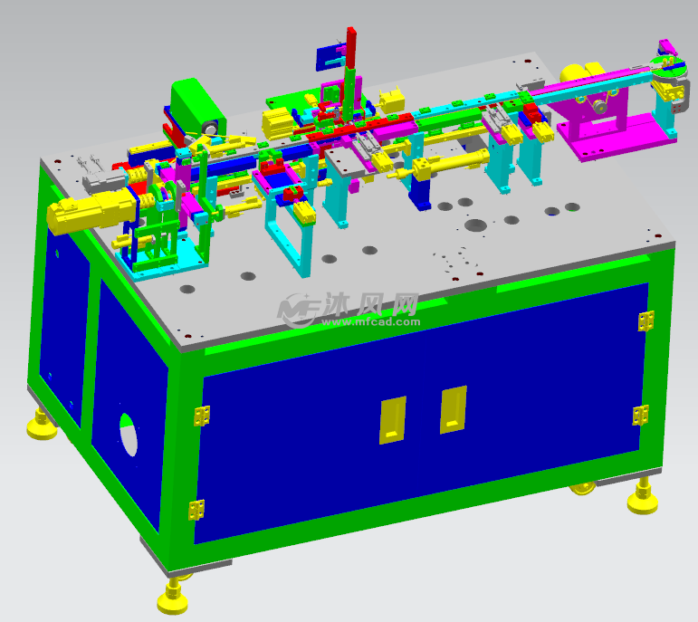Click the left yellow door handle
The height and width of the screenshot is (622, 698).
click(x=392, y=420)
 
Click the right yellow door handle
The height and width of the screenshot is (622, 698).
click(x=454, y=409)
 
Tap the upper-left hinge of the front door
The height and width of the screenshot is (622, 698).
click(x=202, y=416)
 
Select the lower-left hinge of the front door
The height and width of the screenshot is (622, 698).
click(x=196, y=510)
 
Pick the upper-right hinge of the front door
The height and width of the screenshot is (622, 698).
click(x=645, y=321)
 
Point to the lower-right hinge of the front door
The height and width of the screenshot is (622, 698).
click(x=641, y=416)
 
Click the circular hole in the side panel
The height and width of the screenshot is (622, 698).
click(x=129, y=435)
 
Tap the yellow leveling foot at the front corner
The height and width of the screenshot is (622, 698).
click(x=172, y=597)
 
